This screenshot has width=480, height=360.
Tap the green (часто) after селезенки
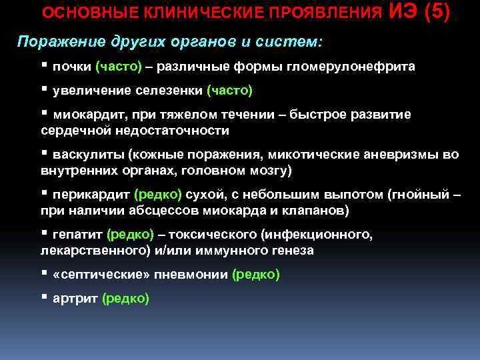pos(229,90)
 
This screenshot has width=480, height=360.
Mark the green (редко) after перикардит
pos(157,195)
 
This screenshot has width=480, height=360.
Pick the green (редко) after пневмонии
pos(255,275)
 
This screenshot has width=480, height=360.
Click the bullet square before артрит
pos(44,297)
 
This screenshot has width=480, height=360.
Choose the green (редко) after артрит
pos(125,299)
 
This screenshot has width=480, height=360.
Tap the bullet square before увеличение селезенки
pos(44,89)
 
